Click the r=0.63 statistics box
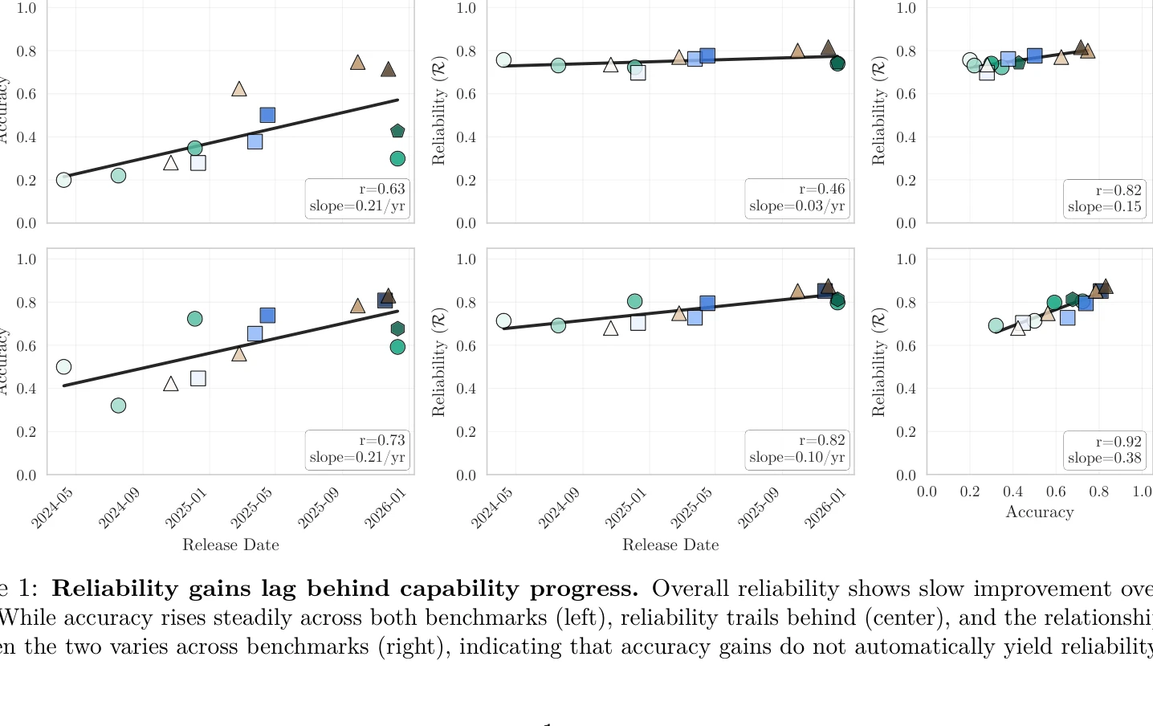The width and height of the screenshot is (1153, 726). click(357, 198)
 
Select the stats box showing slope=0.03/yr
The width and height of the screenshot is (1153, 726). click(797, 198)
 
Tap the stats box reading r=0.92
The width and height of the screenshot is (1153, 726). click(1104, 450)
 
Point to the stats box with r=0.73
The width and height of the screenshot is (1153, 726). click(357, 449)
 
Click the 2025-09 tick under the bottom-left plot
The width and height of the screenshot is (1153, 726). click(320, 508)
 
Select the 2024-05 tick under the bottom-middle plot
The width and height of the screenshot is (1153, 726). click(491, 508)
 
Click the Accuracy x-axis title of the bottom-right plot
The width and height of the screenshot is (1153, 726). click(1039, 512)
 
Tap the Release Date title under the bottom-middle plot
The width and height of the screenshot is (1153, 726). click(670, 545)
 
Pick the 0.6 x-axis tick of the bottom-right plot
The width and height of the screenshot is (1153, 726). click(1056, 491)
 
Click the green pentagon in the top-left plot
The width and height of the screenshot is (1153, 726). click(397, 131)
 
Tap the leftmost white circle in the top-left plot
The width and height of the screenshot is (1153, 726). click(64, 180)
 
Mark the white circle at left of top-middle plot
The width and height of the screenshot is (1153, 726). click(503, 60)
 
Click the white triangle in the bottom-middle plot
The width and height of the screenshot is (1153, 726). click(611, 328)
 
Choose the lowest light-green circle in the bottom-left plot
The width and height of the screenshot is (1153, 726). click(118, 406)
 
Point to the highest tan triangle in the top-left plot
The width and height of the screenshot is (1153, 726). click(358, 63)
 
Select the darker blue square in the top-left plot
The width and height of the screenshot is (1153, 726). click(267, 116)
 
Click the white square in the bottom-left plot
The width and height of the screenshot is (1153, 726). click(198, 378)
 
